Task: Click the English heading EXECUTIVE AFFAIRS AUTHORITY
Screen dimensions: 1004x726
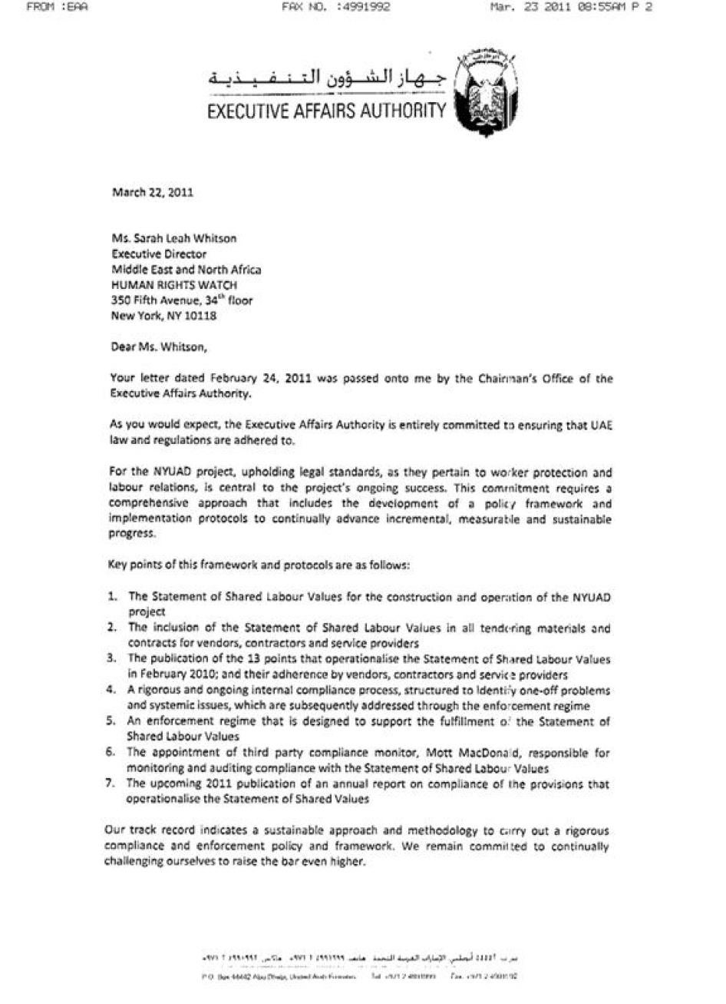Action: pos(327,111)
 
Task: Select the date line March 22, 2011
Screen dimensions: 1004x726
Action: pos(153,192)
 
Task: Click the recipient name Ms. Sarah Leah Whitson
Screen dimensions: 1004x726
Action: pos(174,238)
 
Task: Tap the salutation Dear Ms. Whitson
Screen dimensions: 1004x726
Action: pos(159,346)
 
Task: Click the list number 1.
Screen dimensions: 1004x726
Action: pos(112,597)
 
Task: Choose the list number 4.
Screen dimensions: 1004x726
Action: pos(112,690)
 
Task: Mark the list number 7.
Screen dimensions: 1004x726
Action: pos(112,784)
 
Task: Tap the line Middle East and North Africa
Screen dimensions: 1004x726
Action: pos(186,269)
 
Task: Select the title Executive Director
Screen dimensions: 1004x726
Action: pos(159,253)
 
